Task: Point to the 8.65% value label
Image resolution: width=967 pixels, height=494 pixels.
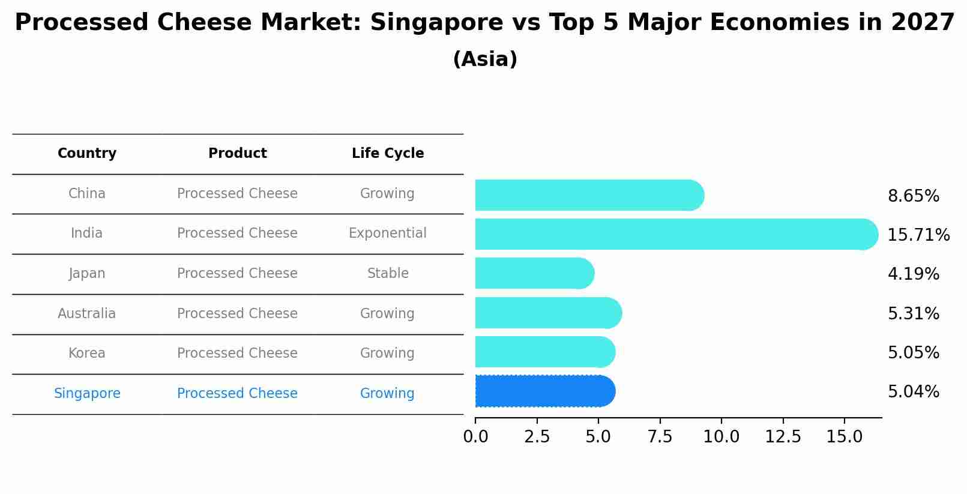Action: (x=913, y=196)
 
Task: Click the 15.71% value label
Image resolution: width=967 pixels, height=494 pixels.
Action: (x=918, y=235)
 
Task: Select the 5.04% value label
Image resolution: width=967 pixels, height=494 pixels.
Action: (x=913, y=392)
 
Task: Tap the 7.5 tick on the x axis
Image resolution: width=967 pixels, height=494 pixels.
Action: (x=660, y=437)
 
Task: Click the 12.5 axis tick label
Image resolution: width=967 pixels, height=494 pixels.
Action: (x=783, y=437)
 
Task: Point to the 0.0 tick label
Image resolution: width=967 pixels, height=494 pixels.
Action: (x=475, y=437)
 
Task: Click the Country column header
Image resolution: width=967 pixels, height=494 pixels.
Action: (x=87, y=154)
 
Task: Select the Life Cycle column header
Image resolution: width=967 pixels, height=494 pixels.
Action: (x=388, y=154)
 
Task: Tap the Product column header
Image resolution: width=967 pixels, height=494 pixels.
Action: (x=237, y=154)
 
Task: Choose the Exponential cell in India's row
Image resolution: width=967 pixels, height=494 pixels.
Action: (x=388, y=233)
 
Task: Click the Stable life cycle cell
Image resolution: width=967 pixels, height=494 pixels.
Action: (x=388, y=274)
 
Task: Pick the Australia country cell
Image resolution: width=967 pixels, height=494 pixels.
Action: (x=87, y=313)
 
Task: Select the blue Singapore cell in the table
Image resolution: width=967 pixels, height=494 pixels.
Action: (x=87, y=394)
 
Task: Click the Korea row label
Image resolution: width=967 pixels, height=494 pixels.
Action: (x=87, y=354)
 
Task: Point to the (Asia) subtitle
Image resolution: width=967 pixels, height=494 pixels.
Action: (x=485, y=59)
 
